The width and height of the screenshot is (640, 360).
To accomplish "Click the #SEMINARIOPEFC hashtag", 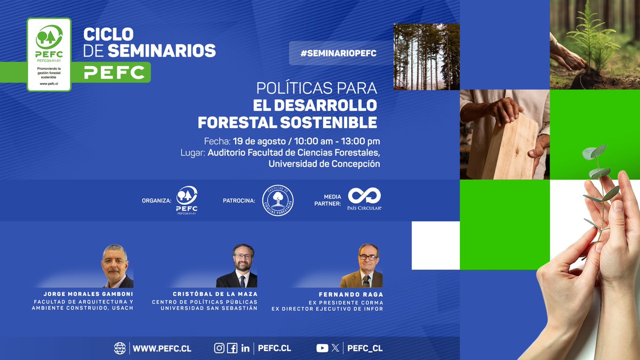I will (x=339, y=53).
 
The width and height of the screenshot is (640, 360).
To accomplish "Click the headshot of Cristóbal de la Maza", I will (x=237, y=266).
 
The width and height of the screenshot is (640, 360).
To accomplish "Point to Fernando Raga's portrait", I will (x=362, y=266).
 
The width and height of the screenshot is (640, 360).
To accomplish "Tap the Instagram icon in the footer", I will (x=219, y=348).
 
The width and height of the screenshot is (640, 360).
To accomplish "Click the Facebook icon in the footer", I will (x=232, y=348).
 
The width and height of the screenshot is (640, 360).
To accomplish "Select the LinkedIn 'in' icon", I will (x=245, y=348).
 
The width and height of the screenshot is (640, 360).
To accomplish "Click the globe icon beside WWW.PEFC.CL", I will (x=120, y=348).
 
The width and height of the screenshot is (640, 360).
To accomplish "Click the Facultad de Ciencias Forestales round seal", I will (x=278, y=201).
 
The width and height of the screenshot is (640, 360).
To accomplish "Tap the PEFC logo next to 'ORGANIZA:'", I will (x=187, y=200).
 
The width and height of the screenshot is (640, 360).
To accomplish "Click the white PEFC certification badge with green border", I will (x=49, y=54).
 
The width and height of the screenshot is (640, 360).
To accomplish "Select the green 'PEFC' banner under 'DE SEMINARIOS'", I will (x=115, y=73).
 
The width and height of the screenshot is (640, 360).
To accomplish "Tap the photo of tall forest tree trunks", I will (x=426, y=57).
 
